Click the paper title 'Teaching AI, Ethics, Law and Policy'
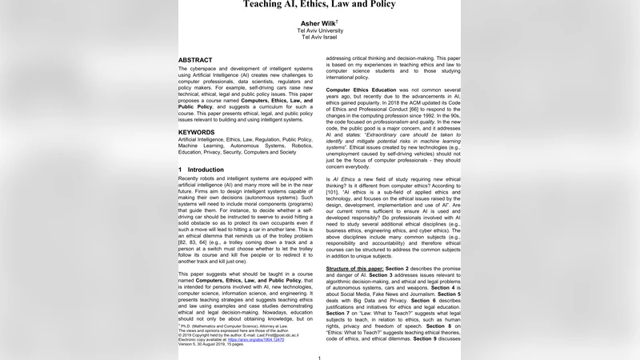(x=319, y=4)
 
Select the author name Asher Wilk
(x=318, y=22)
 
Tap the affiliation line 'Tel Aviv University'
(x=319, y=30)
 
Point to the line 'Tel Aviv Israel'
(x=319, y=38)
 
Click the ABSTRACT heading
(x=195, y=60)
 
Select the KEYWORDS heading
(x=196, y=131)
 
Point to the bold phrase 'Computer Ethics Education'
(x=361, y=90)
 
